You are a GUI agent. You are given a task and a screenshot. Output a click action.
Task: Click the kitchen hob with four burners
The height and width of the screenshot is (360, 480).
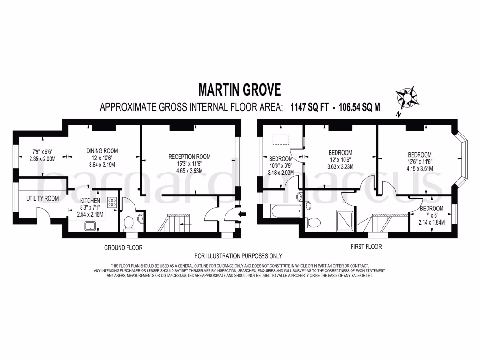coord(112,202)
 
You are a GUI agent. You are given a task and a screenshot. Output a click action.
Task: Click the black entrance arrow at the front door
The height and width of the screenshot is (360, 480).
coord(241,215)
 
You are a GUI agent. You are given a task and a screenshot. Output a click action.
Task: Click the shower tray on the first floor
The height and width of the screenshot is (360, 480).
coord(344,220)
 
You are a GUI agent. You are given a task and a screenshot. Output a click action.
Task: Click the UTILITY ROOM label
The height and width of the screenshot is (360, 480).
coord(42,198)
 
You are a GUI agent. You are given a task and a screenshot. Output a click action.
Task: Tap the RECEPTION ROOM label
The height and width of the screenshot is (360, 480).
coord(189,157)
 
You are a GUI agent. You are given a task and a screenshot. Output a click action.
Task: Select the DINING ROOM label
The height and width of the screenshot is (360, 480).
coord(102,150)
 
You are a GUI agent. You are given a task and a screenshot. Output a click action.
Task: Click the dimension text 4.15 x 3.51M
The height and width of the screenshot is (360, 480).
coord(420,169)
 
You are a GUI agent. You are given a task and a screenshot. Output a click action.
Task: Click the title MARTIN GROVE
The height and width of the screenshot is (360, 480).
coord(240,89)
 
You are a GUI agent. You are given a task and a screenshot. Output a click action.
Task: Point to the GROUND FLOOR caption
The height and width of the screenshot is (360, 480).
coord(123,247)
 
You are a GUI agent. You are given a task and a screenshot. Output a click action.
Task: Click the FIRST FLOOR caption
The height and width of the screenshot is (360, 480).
coord(366,247)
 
